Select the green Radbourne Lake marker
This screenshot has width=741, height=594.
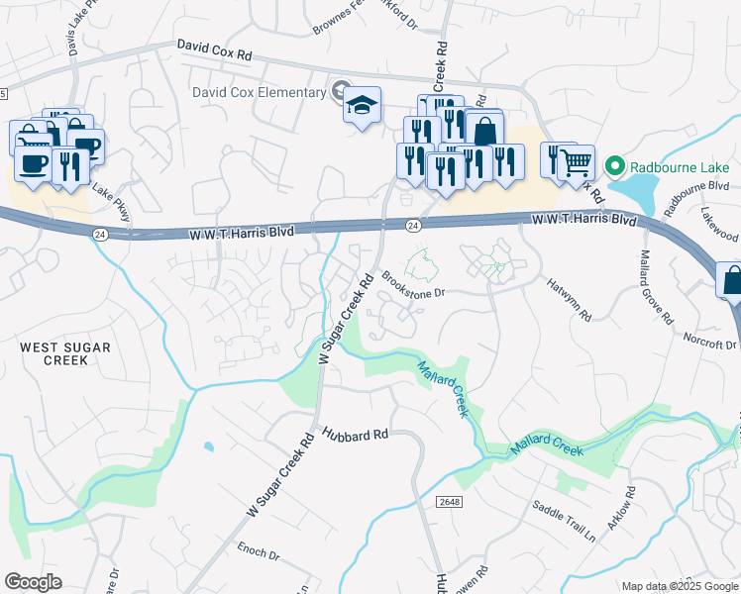point(614,164)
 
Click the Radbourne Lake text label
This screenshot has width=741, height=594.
point(676,164)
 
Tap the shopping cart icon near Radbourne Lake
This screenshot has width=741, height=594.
point(576,161)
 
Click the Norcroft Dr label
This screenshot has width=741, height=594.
point(710,340)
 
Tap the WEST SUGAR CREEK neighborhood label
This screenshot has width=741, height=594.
point(66,352)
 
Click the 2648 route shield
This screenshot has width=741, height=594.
point(450,502)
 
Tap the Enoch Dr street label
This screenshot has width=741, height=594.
point(260,550)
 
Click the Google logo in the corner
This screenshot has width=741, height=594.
point(33,582)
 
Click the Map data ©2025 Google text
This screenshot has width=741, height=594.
point(678,586)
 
